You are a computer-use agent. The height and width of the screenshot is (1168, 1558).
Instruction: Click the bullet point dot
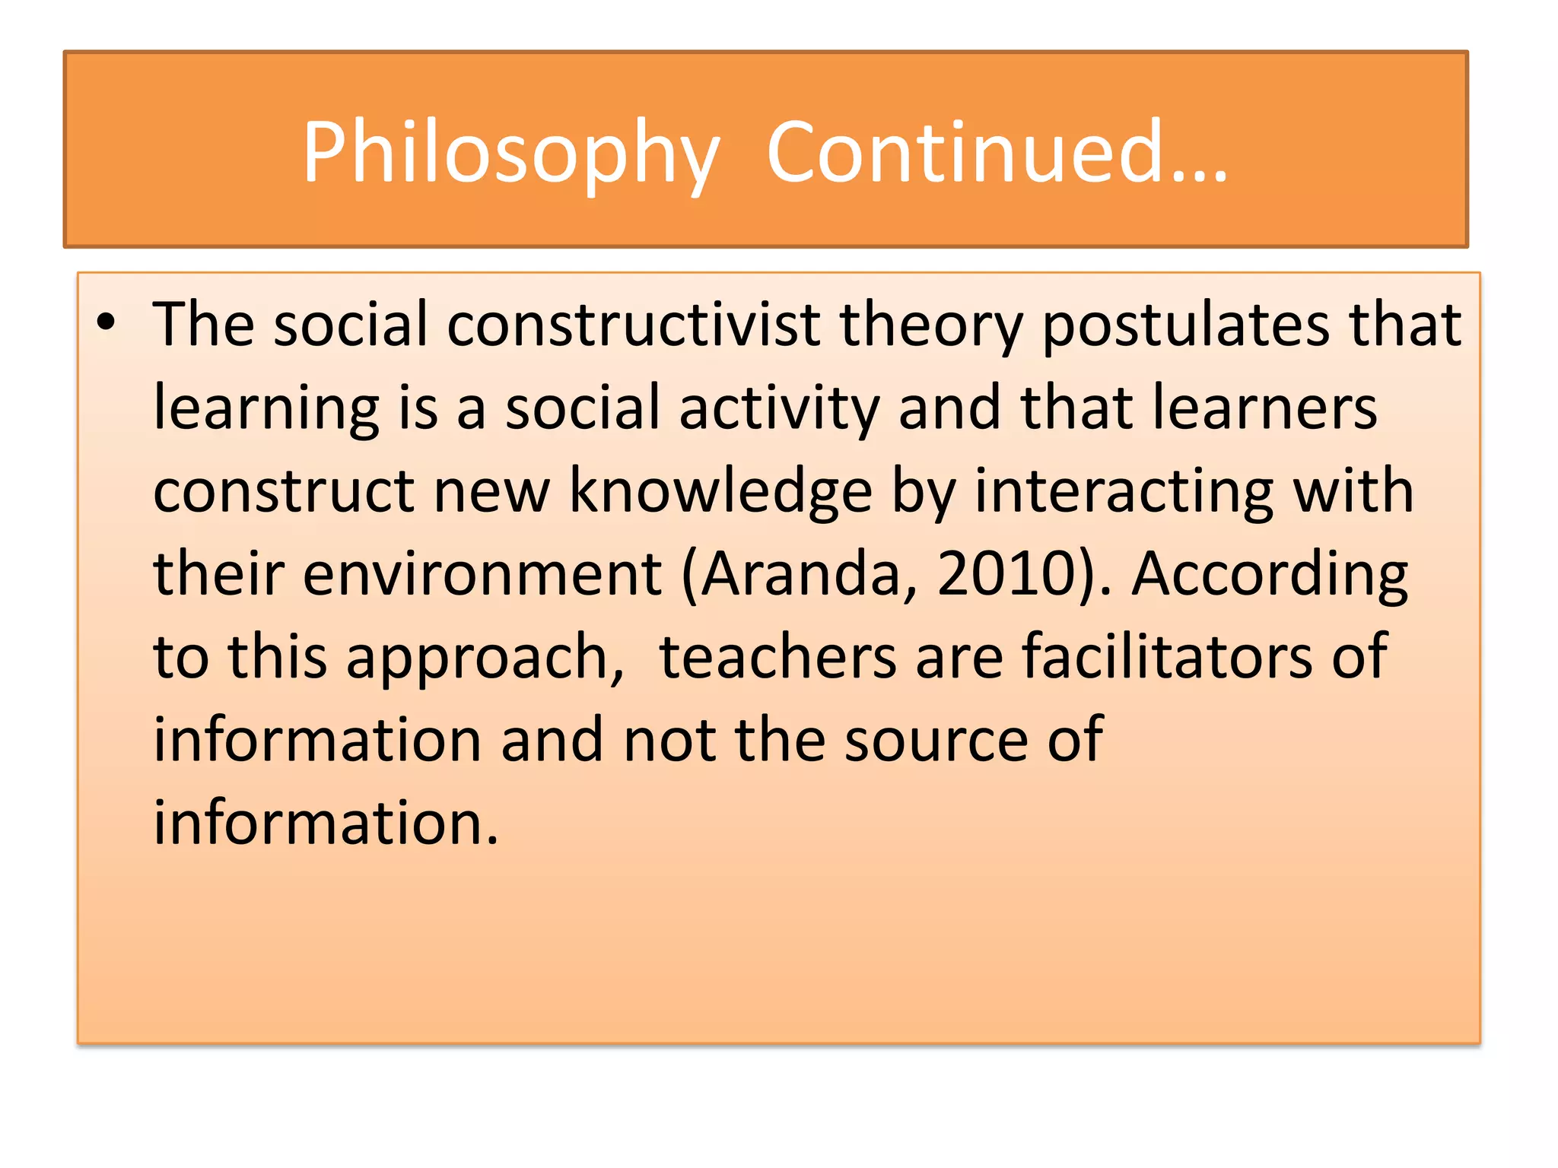pos(106,322)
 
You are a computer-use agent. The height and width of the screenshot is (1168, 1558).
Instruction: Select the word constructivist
pos(634,325)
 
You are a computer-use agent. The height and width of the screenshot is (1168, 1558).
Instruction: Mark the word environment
pos(482,574)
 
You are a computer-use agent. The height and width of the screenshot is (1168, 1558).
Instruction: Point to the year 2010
pos(1004,574)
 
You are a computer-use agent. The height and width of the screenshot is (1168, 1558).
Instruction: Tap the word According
pos(1270,574)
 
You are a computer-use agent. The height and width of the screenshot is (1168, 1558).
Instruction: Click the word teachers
pos(777,657)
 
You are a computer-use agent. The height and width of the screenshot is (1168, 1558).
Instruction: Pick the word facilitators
pos(1166,657)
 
